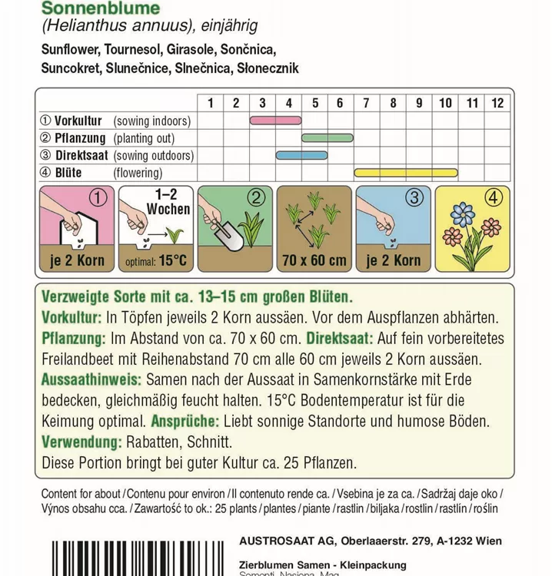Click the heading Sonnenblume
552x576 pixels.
[x=96, y=8]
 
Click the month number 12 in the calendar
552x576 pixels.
[x=497, y=103]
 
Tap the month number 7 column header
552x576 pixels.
[x=367, y=103]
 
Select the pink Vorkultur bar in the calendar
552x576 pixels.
[x=274, y=121]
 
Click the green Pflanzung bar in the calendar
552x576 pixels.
[x=327, y=138]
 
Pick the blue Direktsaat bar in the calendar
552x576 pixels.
[x=301, y=155]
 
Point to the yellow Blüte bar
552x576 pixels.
[x=406, y=172]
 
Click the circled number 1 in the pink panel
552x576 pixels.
[x=97, y=197]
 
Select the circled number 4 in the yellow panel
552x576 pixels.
[x=494, y=197]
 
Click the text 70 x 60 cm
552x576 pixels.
[x=314, y=260]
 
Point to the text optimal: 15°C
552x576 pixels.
[x=155, y=261]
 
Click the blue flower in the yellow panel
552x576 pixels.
[x=464, y=214]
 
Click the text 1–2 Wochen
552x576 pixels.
[x=168, y=203]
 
